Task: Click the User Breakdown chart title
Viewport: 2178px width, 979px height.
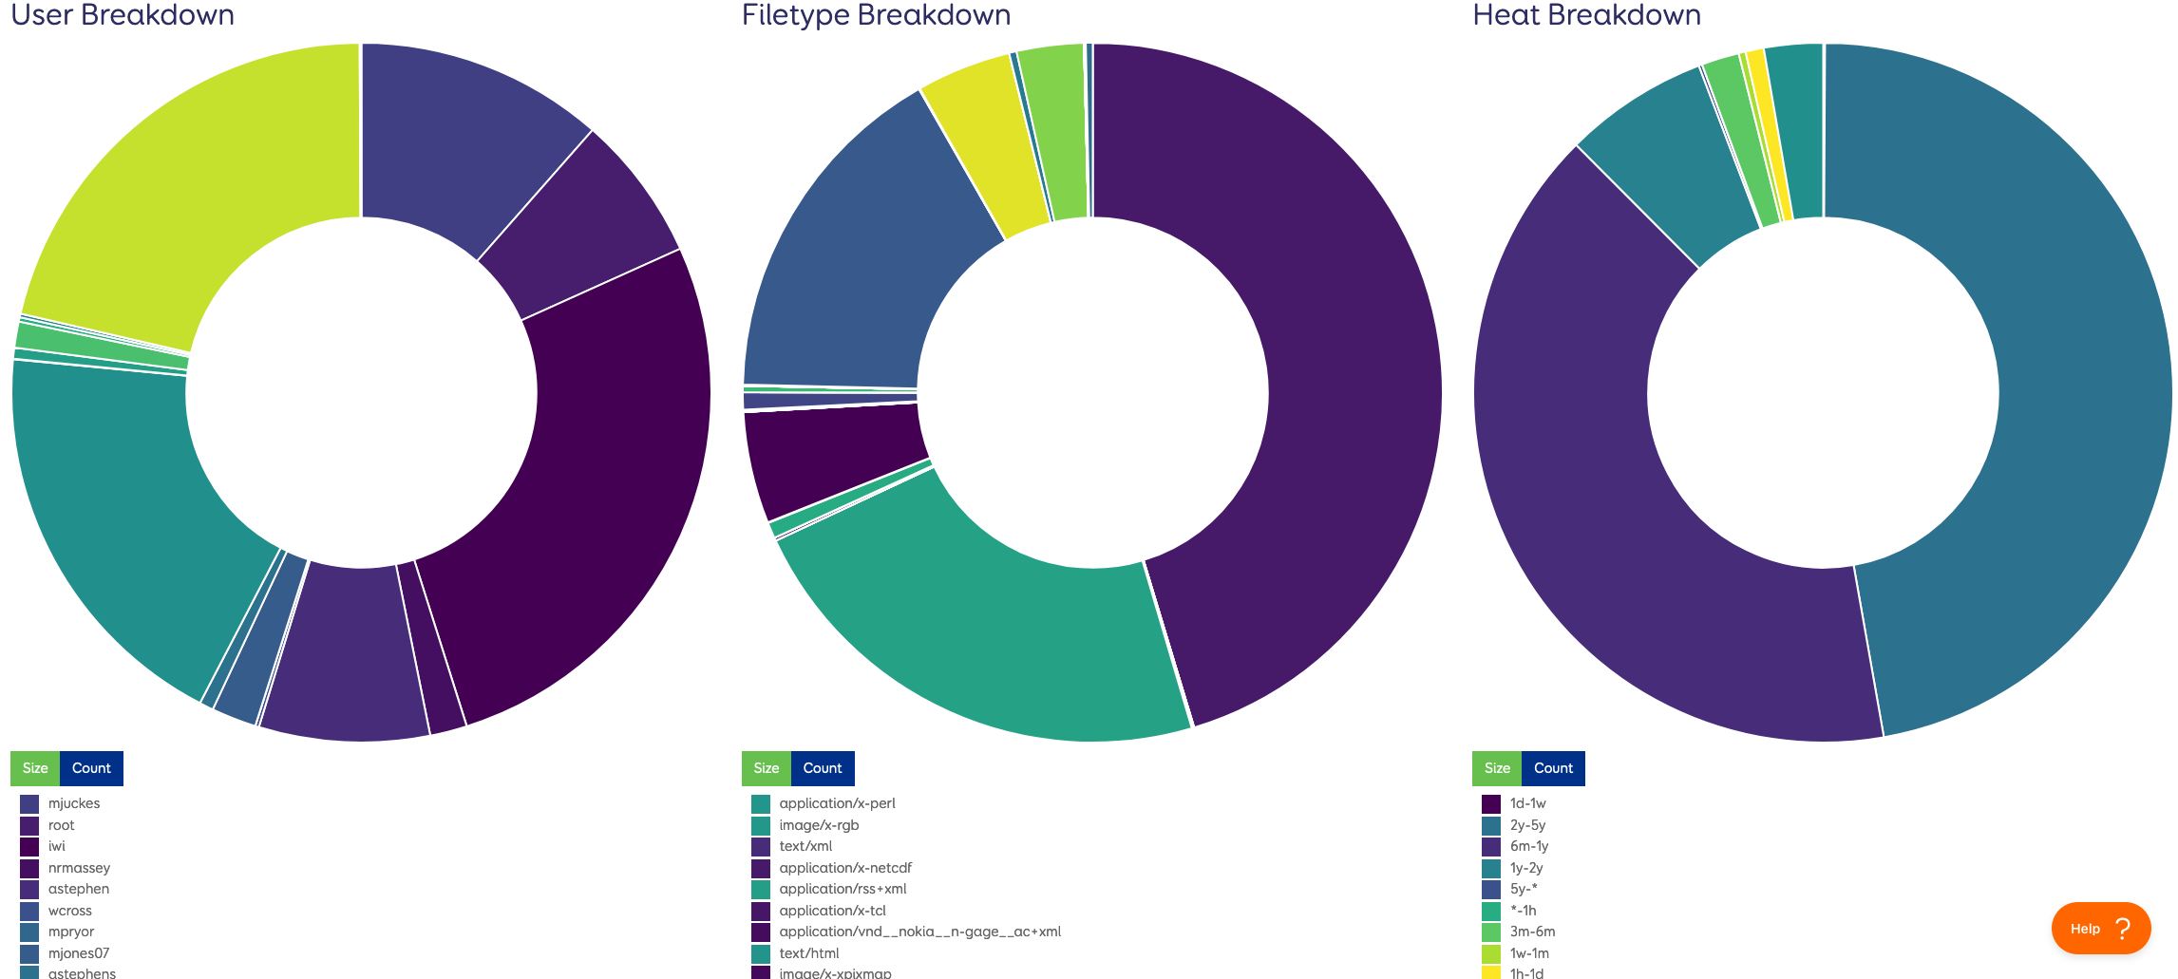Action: point(123,15)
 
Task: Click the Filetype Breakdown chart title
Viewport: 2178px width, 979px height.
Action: point(876,15)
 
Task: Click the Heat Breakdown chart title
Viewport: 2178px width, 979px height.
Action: point(1586,15)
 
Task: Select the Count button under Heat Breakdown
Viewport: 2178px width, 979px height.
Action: point(1553,768)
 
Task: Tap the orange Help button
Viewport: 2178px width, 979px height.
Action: point(2100,928)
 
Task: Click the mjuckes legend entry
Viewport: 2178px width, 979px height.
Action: point(73,803)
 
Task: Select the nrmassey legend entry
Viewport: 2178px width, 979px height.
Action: point(79,868)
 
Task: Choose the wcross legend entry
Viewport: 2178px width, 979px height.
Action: point(69,911)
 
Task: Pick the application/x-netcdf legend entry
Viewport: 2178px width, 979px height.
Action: point(844,868)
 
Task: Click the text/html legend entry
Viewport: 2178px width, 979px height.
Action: point(808,953)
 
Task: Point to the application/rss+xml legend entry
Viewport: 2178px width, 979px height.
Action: point(842,889)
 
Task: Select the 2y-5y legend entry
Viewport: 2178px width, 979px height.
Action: point(1527,825)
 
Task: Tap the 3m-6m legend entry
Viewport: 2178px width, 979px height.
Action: point(1532,932)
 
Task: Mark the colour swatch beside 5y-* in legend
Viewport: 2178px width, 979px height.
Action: point(1491,889)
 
